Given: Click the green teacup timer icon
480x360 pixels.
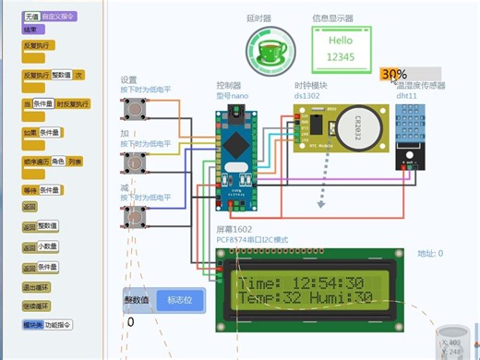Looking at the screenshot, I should (270, 45).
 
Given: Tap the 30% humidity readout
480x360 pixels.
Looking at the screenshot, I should (394, 74).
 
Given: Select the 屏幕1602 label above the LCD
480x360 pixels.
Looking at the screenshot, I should (234, 230).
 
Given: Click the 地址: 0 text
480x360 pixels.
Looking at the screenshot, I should (430, 253).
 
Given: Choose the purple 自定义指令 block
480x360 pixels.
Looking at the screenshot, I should (59, 17).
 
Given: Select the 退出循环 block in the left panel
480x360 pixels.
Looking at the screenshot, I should (37, 287).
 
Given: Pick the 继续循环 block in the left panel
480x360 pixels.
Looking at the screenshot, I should (37, 306).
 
